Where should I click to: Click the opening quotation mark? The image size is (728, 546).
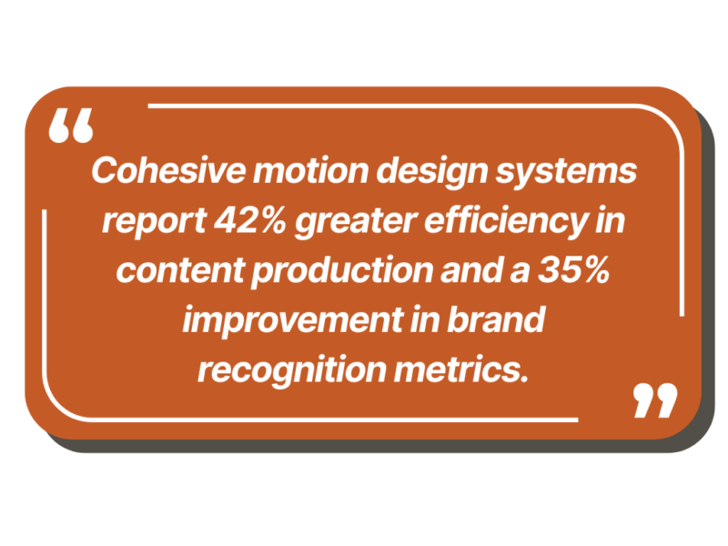(x=71, y=126)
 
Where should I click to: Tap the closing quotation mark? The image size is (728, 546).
(x=655, y=400)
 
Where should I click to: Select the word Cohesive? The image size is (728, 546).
(x=168, y=170)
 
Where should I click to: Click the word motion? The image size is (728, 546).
(x=311, y=170)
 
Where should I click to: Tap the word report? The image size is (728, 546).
(x=154, y=222)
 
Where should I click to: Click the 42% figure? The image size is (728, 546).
(x=249, y=220)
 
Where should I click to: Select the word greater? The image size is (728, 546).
(x=356, y=222)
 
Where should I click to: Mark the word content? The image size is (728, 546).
(x=180, y=270)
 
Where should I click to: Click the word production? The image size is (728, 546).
(x=343, y=271)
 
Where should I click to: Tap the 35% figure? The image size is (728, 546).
(x=574, y=269)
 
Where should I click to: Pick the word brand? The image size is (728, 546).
(x=496, y=319)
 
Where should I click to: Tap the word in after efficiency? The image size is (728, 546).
(x=610, y=220)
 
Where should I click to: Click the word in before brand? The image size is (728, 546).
(x=425, y=319)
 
